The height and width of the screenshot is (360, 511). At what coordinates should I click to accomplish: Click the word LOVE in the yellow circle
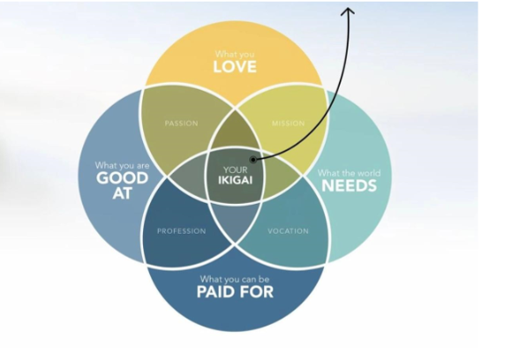[235, 67]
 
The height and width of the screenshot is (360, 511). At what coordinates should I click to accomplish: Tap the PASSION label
[181, 124]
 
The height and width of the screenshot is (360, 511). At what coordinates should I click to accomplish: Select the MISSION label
[289, 124]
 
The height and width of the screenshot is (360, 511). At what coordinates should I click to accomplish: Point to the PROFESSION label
[182, 231]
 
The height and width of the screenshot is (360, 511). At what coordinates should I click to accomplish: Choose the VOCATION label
[288, 231]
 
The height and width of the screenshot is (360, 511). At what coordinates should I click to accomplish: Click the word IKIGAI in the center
[236, 181]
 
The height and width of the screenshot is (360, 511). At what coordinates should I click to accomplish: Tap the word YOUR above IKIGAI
[236, 169]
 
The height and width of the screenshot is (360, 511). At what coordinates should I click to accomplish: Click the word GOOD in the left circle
[122, 178]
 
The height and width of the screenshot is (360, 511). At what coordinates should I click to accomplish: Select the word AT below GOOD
[122, 193]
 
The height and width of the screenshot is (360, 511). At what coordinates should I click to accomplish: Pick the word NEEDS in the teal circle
[349, 185]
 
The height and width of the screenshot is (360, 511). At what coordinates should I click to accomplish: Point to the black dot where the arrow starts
[253, 160]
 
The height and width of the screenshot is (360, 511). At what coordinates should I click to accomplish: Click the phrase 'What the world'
[349, 173]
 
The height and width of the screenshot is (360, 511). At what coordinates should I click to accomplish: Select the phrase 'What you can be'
[235, 279]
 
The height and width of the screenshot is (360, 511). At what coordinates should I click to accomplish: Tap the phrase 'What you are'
[122, 165]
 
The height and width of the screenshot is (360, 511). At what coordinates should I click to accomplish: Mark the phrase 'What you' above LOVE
[235, 54]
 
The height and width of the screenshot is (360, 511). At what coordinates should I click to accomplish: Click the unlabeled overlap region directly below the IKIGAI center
[236, 221]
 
